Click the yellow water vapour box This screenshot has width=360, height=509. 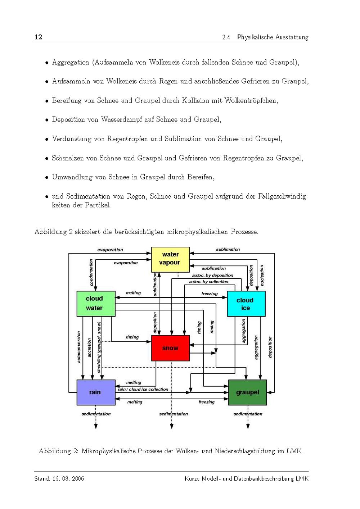click(x=170, y=259)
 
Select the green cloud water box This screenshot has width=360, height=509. click(x=96, y=304)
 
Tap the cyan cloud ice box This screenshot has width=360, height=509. click(x=246, y=304)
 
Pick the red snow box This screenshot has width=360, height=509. click(x=170, y=348)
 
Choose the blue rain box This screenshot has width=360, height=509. click(x=96, y=392)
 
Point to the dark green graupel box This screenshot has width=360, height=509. click(x=247, y=392)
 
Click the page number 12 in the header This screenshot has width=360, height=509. click(x=38, y=37)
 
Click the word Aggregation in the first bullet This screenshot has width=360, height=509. click(x=71, y=63)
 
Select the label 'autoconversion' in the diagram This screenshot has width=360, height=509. click(x=79, y=347)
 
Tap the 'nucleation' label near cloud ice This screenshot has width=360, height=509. click(x=262, y=275)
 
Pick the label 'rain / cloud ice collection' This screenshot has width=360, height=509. click(x=143, y=389)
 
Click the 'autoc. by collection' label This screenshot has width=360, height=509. click(x=208, y=282)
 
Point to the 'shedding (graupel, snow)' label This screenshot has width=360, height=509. click(x=99, y=347)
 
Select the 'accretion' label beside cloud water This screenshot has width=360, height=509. click(x=89, y=347)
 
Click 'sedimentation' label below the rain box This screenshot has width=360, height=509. click(x=96, y=414)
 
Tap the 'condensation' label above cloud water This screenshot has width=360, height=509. click(x=91, y=272)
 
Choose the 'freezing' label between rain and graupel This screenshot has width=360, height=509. click(x=206, y=402)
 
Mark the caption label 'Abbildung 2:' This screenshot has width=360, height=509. click(x=58, y=451)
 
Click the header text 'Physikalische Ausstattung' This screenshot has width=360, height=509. click(x=273, y=37)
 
